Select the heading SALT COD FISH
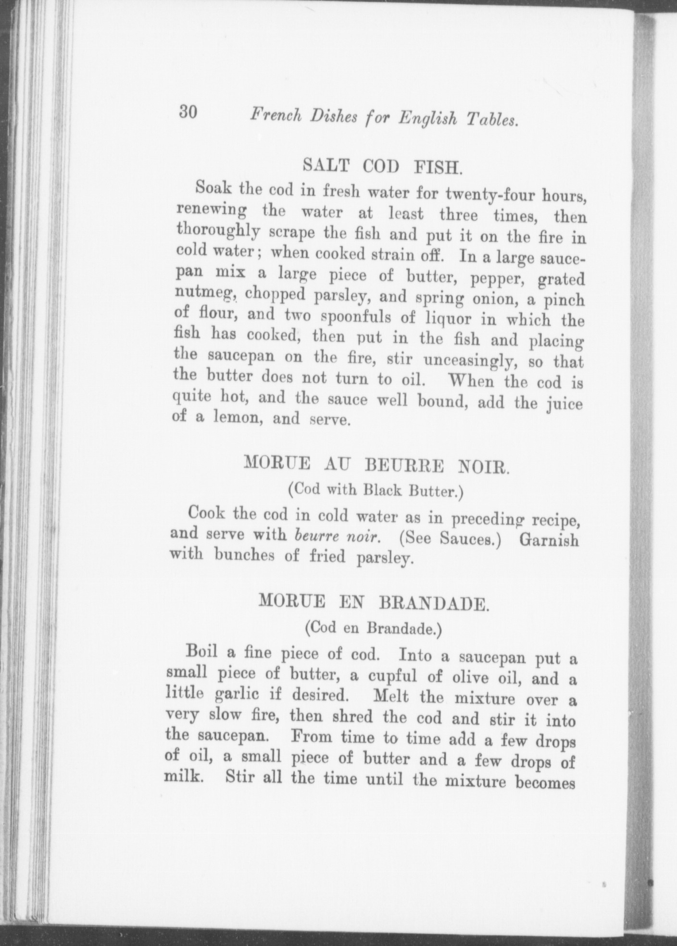tap(383, 166)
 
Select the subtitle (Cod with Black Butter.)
tap(376, 491)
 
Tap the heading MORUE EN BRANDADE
tap(374, 602)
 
